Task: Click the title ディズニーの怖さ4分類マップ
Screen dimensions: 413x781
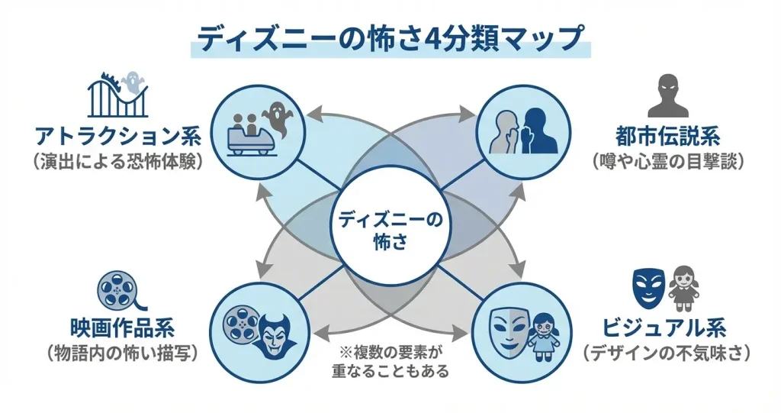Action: [x=390, y=38]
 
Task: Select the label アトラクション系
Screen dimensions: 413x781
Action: [x=117, y=137]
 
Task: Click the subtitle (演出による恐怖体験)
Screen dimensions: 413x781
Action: [x=117, y=162]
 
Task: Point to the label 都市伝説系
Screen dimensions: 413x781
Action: [x=668, y=137]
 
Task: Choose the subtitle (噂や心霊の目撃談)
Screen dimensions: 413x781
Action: [x=668, y=162]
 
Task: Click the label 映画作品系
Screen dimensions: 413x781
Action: [x=122, y=329]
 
